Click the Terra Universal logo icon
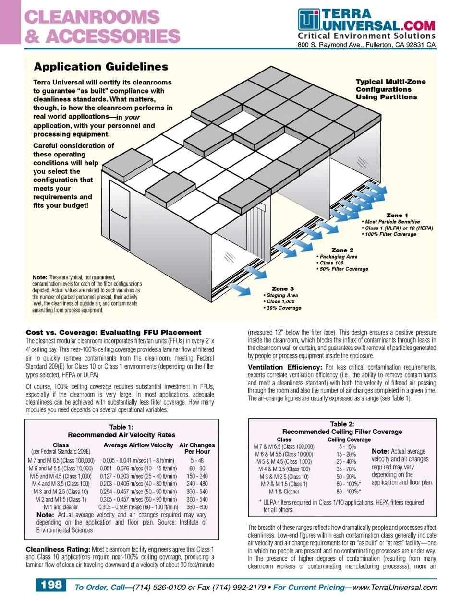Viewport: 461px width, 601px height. pos(309,20)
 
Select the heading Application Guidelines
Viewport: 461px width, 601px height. pos(101,67)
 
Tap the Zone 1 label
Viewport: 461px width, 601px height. pos(397,216)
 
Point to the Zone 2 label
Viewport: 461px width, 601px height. pos(342,250)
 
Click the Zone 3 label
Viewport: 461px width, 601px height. pos(283,289)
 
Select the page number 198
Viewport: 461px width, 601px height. pos(51,585)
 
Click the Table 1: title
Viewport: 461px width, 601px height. pos(121,427)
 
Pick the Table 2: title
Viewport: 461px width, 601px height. pos(342,424)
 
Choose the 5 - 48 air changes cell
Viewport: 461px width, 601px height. pos(197,460)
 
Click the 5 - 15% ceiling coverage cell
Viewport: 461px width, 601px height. pos(347,446)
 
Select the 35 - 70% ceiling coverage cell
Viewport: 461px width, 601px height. pos(346,469)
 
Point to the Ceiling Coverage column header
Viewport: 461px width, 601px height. pos(349,439)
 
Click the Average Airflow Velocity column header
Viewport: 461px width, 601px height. pos(138,445)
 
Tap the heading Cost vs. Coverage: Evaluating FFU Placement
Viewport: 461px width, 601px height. pos(113,332)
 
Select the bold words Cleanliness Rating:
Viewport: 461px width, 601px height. pos(58,549)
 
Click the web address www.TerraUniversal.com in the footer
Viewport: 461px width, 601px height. pos(395,587)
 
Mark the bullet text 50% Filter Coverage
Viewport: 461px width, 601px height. pos(344,269)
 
